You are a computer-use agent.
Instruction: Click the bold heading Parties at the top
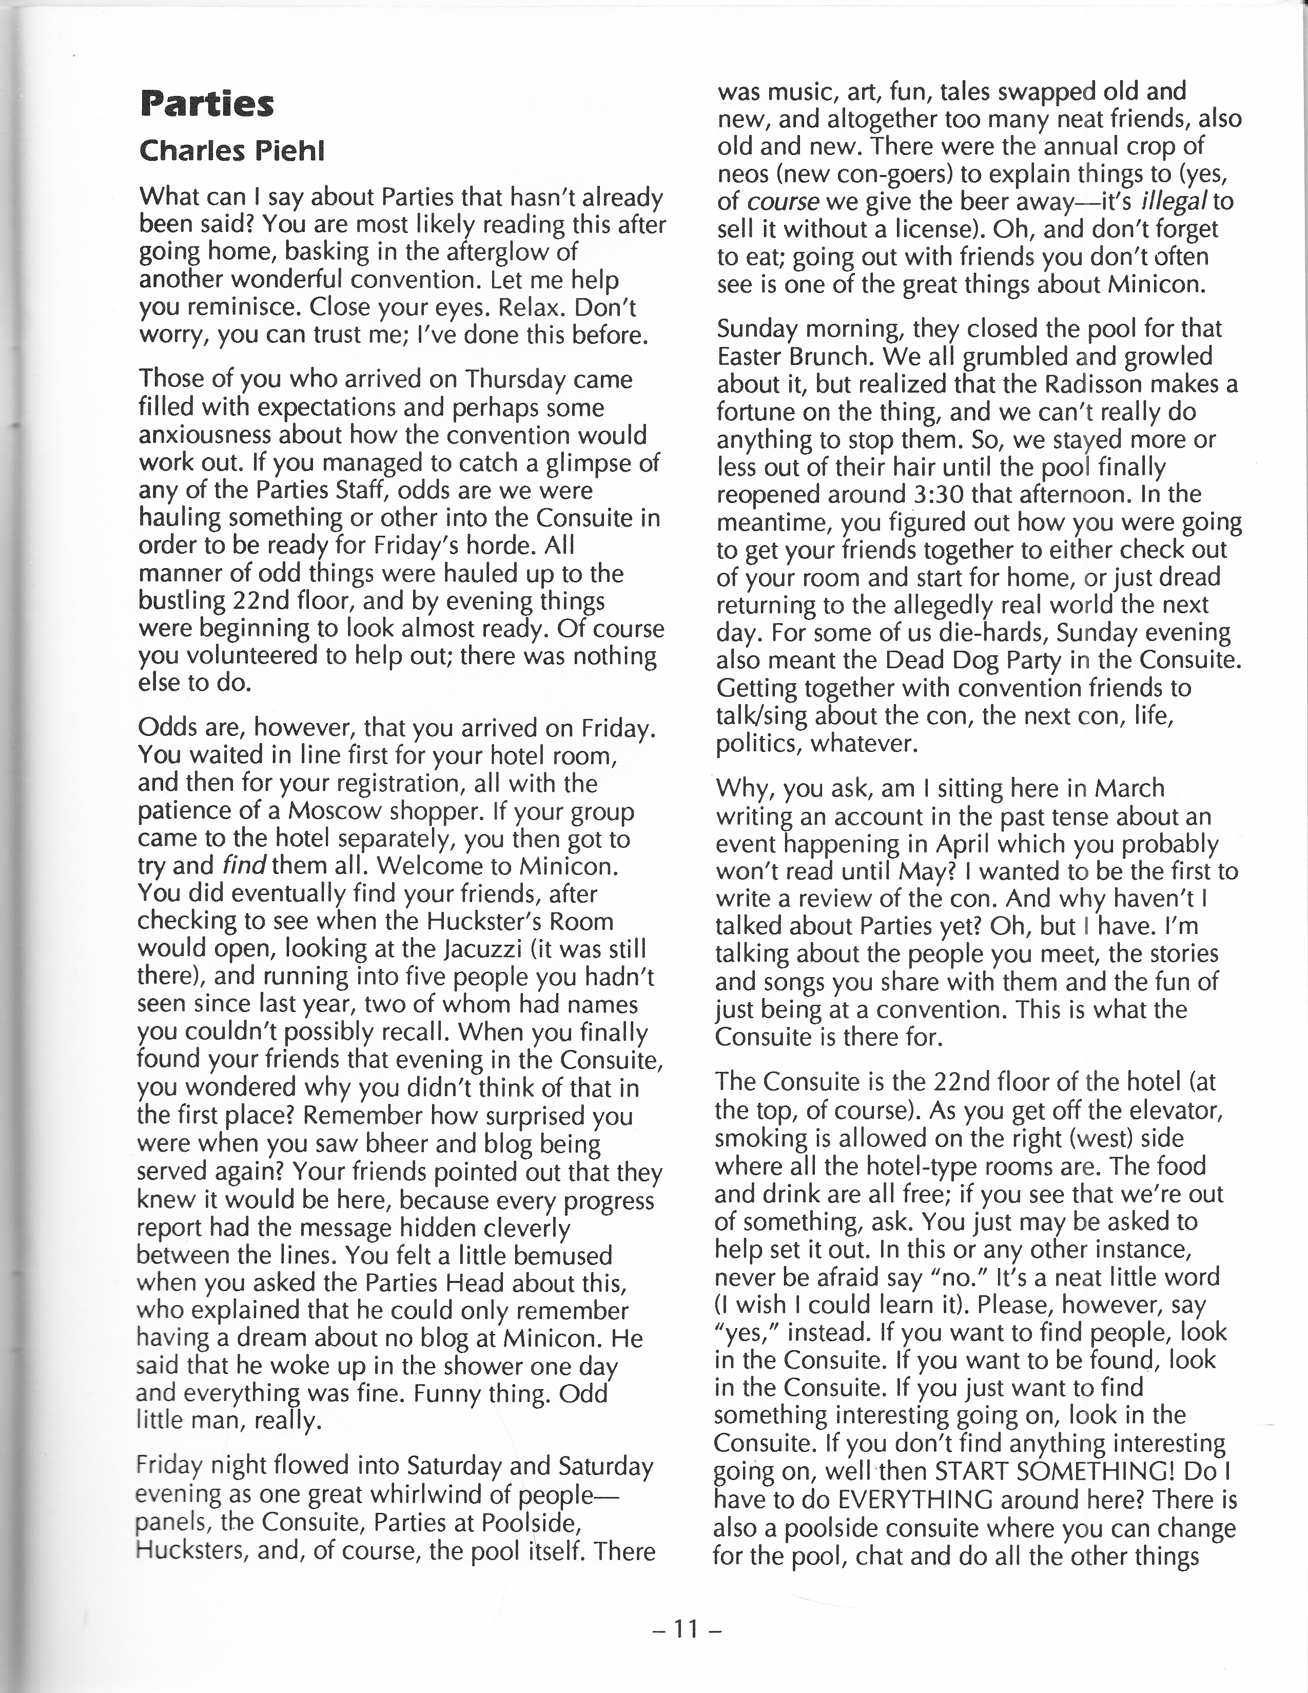[x=207, y=104]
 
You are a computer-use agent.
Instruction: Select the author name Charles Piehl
[x=232, y=150]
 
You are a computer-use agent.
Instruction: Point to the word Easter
[x=752, y=357]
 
